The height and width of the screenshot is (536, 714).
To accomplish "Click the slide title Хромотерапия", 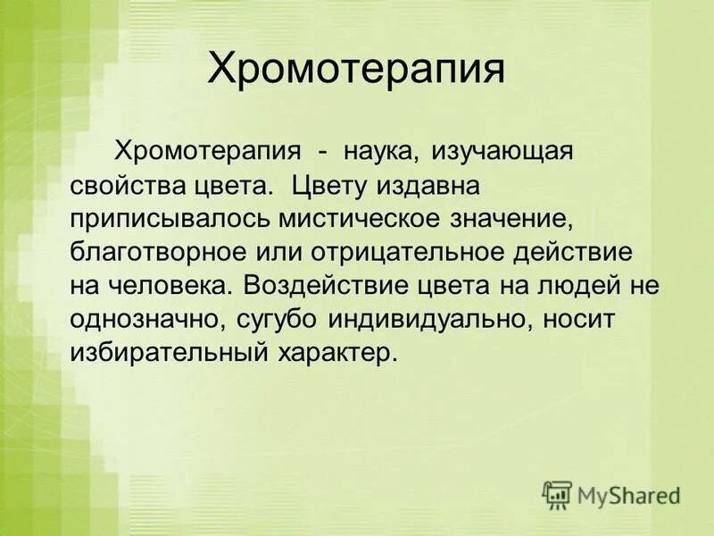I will (x=357, y=69).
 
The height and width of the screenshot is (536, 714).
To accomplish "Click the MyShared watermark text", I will (x=629, y=494).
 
